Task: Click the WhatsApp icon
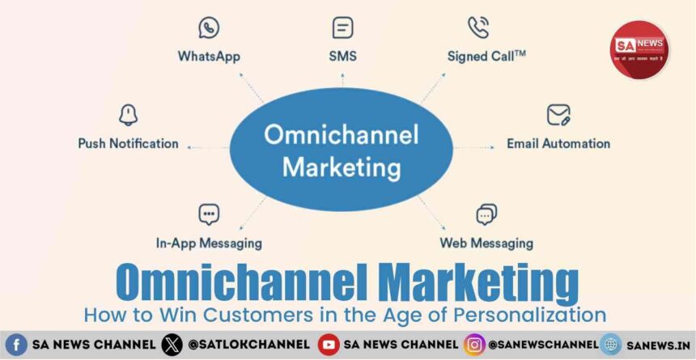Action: tap(209, 28)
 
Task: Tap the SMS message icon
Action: tap(342, 28)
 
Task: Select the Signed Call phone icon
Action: tap(478, 28)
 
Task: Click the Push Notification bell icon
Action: tap(128, 115)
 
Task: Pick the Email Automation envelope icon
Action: tap(558, 115)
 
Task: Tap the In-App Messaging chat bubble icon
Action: tap(209, 214)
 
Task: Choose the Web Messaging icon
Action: tap(486, 214)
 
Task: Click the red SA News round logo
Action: tap(639, 50)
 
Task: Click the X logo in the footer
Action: tap(172, 345)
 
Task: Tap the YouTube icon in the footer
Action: tap(328, 345)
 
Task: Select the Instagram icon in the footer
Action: tap(474, 345)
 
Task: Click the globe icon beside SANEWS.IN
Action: tap(610, 345)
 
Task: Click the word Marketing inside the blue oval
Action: tap(342, 168)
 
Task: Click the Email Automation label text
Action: tap(558, 143)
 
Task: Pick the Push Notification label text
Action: tap(128, 143)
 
